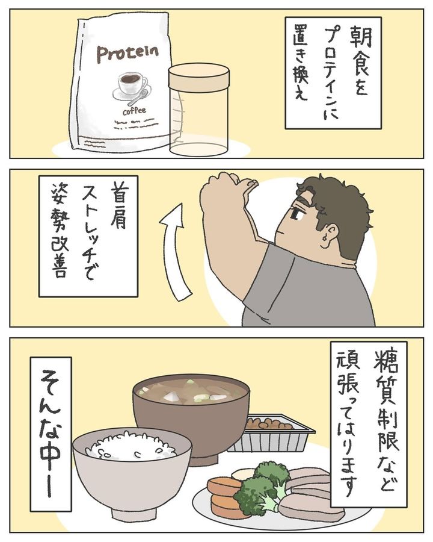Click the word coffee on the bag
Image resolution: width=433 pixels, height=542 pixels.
pos(134,111)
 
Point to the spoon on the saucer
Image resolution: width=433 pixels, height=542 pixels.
pos(139,97)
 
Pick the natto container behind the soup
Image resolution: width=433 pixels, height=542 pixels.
pos(272,433)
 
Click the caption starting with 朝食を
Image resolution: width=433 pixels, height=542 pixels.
pos(333,73)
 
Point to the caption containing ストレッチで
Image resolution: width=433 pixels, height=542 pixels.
pos(88,236)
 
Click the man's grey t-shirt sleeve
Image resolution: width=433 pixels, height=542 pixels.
pos(269,276)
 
